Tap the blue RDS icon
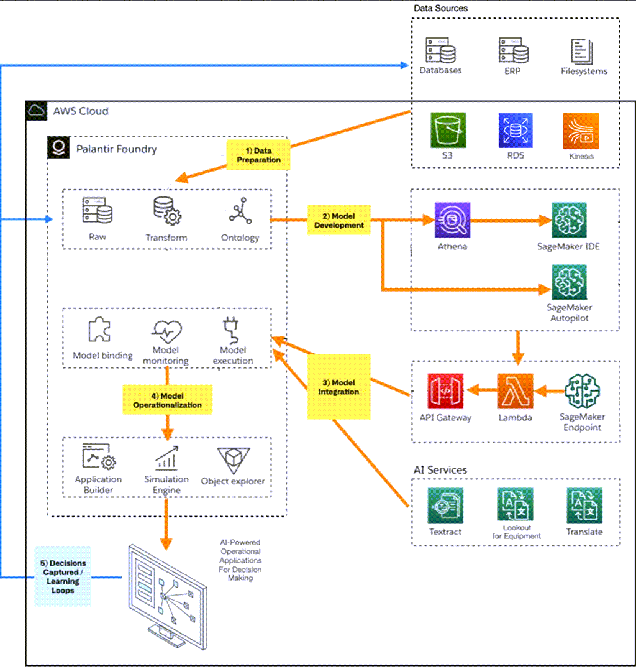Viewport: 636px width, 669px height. [516, 131]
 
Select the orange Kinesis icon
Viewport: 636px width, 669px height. [581, 131]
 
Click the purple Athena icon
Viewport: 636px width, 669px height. [453, 220]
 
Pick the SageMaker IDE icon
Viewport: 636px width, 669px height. [569, 220]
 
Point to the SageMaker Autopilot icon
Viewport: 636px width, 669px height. [569, 282]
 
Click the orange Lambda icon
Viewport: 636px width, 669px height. [516, 391]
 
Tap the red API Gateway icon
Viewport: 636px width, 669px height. [446, 392]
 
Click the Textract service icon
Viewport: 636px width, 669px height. [445, 505]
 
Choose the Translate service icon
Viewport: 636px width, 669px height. [584, 505]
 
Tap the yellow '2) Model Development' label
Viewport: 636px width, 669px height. [339, 220]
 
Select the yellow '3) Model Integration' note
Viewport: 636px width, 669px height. [339, 387]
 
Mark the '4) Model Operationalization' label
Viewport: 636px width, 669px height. [167, 400]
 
